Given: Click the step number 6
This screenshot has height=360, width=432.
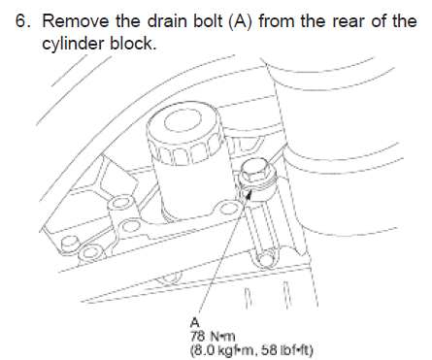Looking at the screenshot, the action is tap(22, 21).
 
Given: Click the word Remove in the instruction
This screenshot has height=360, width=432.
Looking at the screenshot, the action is tap(76, 21).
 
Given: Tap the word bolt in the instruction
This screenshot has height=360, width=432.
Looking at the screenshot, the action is tap(208, 21).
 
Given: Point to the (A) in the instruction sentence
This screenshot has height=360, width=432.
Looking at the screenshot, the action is tap(240, 21).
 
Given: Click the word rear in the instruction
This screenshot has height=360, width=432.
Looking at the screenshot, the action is tap(349, 22).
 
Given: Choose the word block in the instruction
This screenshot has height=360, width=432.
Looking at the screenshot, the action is tap(133, 43).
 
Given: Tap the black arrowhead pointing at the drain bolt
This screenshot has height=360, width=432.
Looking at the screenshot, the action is tap(249, 195).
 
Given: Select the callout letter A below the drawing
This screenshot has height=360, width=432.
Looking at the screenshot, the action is tap(195, 322).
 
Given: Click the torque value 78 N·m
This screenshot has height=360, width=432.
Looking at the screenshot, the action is tap(213, 337).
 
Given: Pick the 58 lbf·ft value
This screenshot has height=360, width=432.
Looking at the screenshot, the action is tap(283, 350).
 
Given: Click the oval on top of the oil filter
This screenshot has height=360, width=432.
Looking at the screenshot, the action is tap(180, 120).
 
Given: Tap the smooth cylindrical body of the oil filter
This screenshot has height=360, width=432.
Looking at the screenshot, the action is tap(191, 187).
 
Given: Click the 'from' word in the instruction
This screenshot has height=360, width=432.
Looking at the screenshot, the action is tap(277, 21).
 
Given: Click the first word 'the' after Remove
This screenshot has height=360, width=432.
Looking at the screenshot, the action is tap(128, 21).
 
